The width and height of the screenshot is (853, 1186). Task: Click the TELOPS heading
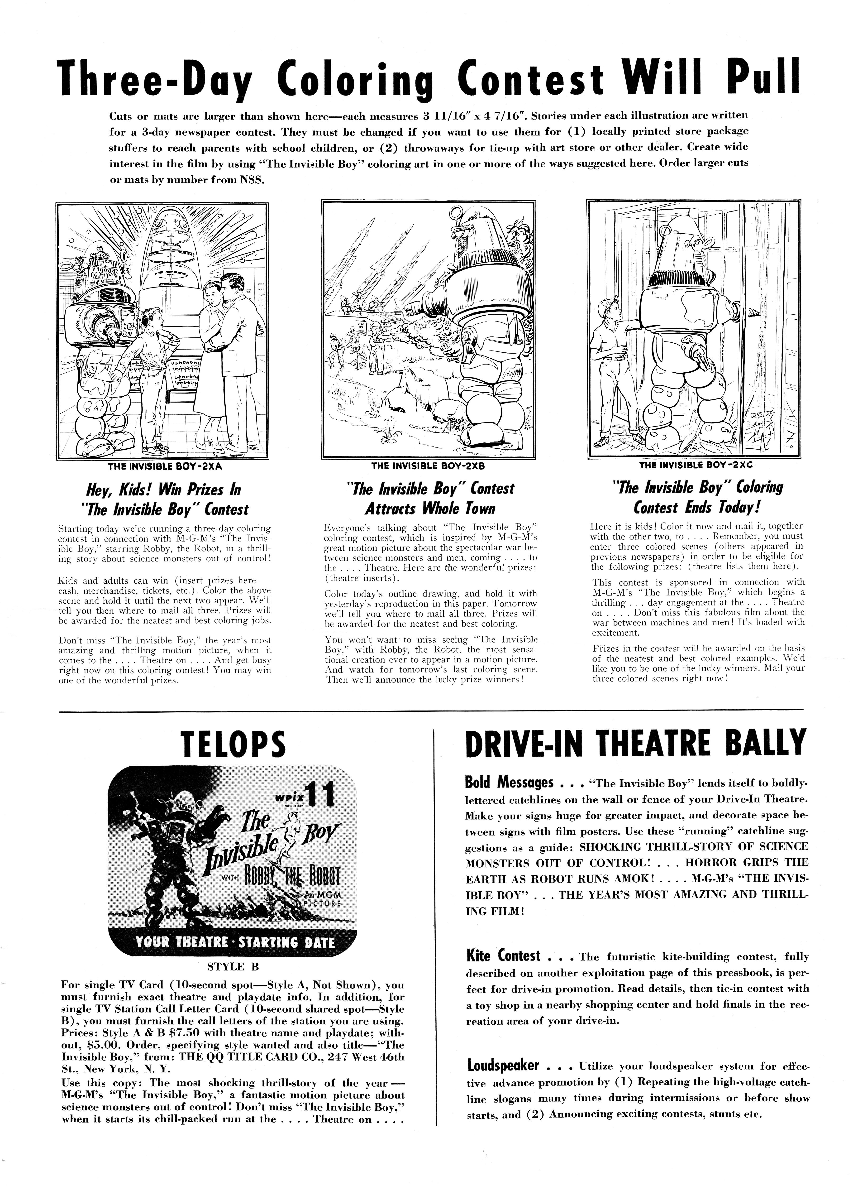pyautogui.click(x=233, y=744)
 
